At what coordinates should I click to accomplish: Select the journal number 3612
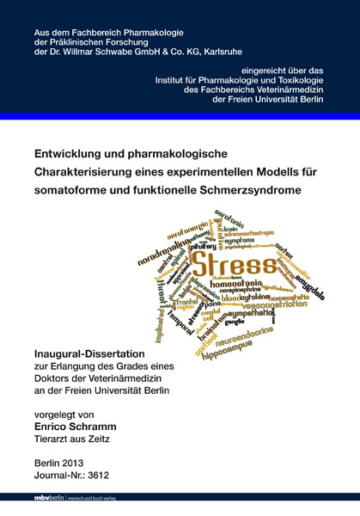click(x=97, y=475)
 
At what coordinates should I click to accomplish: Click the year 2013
click(x=72, y=461)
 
